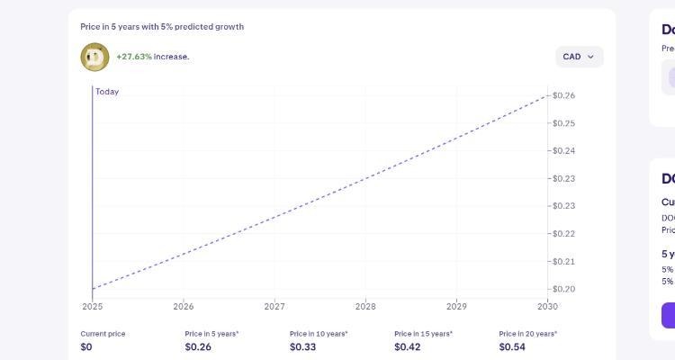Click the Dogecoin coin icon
94,57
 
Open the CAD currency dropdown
579,57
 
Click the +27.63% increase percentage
133,57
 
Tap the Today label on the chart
107,92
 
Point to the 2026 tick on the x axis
183,307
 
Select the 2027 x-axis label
274,307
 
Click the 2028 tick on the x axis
365,307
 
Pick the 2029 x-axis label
456,307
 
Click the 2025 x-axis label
92,307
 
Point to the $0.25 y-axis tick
564,123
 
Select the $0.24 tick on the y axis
564,151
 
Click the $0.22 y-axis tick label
564,234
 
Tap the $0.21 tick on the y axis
564,262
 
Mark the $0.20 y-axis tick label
564,289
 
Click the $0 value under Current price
86,346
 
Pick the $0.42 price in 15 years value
407,346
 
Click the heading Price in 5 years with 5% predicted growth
162,27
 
